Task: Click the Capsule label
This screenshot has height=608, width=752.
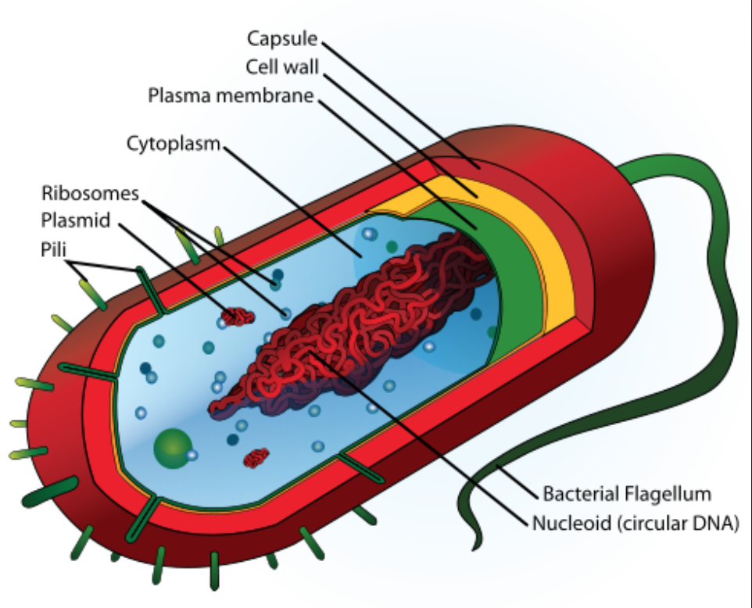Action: pyautogui.click(x=282, y=39)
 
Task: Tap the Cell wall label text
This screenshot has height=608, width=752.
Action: pyautogui.click(x=282, y=67)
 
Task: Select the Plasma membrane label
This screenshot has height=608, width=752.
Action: pyautogui.click(x=231, y=95)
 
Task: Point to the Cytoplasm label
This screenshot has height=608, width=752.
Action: pyautogui.click(x=173, y=144)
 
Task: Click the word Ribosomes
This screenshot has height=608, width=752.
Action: pyautogui.click(x=90, y=193)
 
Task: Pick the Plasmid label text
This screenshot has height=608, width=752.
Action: pyautogui.click(x=76, y=220)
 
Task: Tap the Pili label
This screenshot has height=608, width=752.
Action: pyautogui.click(x=53, y=249)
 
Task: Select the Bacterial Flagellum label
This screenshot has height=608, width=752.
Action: pyautogui.click(x=627, y=494)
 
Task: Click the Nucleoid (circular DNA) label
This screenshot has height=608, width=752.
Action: pyautogui.click(x=635, y=523)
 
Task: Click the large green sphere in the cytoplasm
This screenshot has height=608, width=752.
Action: pyautogui.click(x=173, y=448)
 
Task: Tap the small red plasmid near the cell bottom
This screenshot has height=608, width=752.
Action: pyautogui.click(x=256, y=458)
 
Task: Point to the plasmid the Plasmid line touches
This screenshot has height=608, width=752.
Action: pyautogui.click(x=238, y=317)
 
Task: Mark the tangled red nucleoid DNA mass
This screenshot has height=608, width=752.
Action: pyautogui.click(x=346, y=326)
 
